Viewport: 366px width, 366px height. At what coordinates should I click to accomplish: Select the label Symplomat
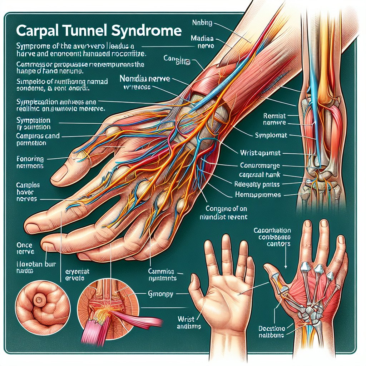pos(271,136)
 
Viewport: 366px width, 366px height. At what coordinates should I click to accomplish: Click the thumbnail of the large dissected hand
pos(143,161)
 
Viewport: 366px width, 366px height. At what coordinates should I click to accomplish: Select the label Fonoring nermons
pos(30,162)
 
